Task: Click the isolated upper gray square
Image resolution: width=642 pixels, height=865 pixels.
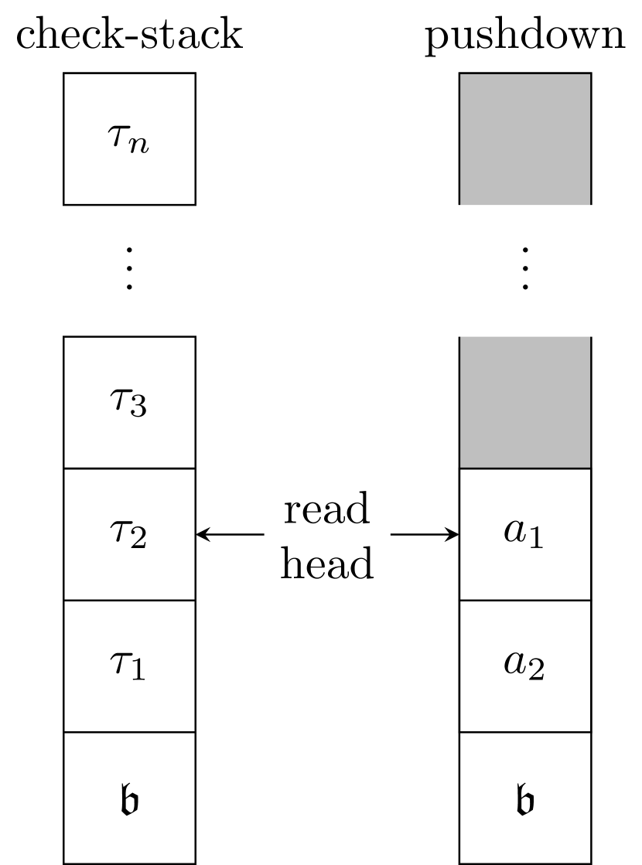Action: click(525, 140)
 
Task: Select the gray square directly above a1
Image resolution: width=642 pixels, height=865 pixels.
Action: click(525, 402)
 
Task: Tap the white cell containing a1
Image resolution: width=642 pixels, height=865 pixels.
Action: click(525, 534)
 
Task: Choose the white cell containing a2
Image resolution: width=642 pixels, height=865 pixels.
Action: click(525, 666)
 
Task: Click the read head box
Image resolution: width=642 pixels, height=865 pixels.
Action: click(327, 534)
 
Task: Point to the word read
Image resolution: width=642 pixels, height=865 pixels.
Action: click(326, 510)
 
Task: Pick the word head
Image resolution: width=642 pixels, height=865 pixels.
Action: click(326, 564)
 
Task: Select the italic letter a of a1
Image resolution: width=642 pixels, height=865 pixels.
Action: click(515, 531)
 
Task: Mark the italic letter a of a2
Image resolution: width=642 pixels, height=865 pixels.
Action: click(515, 662)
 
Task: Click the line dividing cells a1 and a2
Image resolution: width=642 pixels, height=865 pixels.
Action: click(525, 600)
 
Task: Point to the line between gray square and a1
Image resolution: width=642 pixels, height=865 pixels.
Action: click(525, 468)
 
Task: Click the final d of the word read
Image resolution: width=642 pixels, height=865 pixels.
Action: click(358, 510)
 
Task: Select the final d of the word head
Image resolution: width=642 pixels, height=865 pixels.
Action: click(363, 564)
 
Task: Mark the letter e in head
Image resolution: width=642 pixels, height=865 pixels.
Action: click(316, 567)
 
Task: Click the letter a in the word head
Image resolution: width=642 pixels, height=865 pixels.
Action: click(339, 567)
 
